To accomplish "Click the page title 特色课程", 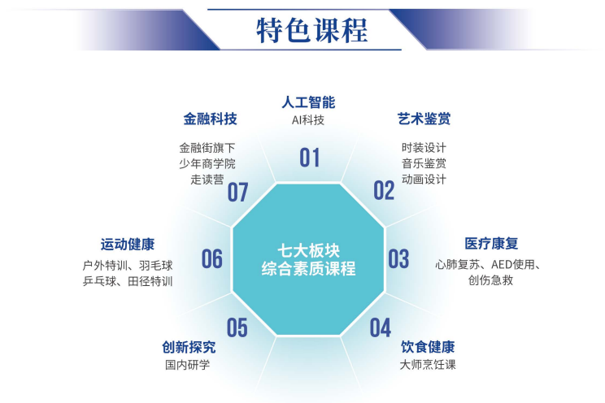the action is (311, 30).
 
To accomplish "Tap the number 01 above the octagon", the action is (310, 158).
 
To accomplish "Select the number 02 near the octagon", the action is (384, 190).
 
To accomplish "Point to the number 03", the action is (398, 258).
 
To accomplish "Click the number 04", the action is (381, 327).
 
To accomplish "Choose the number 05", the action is (237, 327).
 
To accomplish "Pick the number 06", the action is (211, 258).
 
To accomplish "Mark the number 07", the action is (237, 193).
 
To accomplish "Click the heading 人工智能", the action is (308, 102).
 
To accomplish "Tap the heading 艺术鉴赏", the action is (424, 119).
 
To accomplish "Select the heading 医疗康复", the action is (491, 244).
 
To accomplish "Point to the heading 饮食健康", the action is (428, 347).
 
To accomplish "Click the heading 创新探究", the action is (189, 348).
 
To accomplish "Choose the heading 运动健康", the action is (128, 245).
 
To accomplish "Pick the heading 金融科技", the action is (210, 119).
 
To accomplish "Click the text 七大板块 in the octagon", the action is (309, 251).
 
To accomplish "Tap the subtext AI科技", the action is (308, 120).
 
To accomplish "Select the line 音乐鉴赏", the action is (424, 163).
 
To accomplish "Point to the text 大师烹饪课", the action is (428, 365).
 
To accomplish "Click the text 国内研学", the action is (188, 365).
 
